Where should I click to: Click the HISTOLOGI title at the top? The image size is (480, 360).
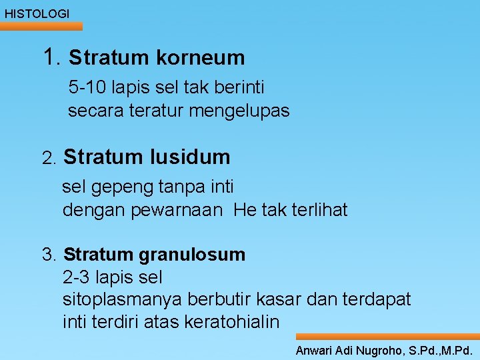(37, 13)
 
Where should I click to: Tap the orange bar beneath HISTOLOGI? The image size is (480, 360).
(41, 26)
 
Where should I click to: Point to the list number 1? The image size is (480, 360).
(51, 57)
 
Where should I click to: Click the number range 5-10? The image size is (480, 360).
(89, 87)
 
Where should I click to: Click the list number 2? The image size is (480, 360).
(48, 159)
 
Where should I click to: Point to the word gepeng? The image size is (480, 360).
(114, 187)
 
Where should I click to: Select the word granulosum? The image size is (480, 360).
(193, 255)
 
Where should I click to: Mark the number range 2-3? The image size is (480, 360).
(77, 277)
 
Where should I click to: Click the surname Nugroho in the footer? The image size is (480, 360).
(376, 350)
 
